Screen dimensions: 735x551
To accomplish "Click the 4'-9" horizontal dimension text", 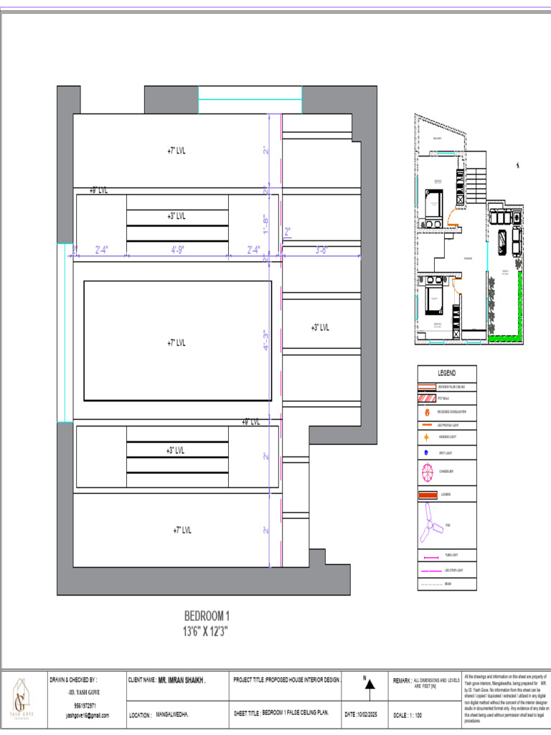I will point(178,250).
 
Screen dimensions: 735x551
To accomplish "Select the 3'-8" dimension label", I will point(322,250).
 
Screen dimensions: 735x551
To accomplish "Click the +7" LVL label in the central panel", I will point(176,343).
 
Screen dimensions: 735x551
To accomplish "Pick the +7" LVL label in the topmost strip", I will point(176,151).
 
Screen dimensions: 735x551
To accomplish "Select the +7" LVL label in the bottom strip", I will point(182,530).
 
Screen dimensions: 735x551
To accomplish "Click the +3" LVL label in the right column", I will point(320,327).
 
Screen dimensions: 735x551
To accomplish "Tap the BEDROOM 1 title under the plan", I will point(207,616).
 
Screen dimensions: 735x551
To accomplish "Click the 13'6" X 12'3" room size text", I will point(207,632).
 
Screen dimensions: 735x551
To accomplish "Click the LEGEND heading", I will point(447,373).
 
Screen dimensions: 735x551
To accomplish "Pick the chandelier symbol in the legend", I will point(426,472).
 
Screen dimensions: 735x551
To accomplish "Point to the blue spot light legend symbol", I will point(426,453).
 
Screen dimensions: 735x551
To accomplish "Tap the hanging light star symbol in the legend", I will point(426,437).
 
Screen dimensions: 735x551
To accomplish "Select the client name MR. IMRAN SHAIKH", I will point(182,679).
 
